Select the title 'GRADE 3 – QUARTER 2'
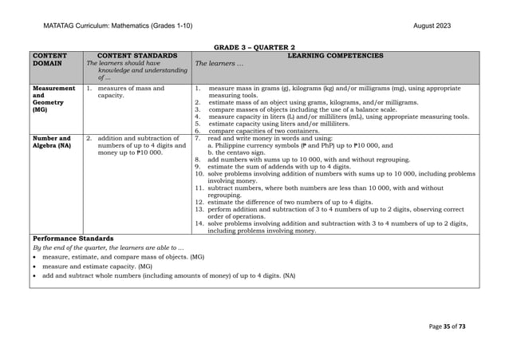[254, 47]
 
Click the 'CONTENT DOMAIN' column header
[49, 60]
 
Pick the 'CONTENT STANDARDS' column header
[136, 56]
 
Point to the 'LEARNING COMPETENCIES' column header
[334, 56]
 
